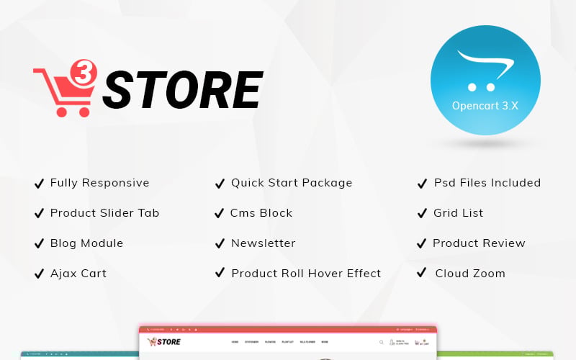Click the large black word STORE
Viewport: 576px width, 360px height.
click(181, 91)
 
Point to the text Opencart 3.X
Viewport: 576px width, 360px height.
click(485, 105)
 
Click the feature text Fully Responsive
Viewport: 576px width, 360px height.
click(99, 183)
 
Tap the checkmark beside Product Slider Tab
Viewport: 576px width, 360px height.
click(39, 213)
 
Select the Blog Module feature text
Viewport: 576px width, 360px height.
click(86, 243)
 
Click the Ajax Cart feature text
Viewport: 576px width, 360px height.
click(78, 274)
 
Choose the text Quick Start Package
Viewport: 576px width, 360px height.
click(292, 183)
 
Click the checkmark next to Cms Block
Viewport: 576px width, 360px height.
click(220, 213)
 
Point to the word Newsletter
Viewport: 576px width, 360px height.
click(263, 243)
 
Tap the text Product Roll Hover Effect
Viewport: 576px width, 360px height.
click(306, 274)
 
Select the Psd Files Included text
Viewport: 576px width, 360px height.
click(487, 183)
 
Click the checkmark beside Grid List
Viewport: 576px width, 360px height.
click(422, 213)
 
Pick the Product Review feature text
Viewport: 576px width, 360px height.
click(479, 243)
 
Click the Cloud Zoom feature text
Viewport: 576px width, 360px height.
click(470, 274)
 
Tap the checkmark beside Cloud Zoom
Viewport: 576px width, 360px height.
click(422, 274)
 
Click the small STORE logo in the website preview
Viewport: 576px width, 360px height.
click(164, 341)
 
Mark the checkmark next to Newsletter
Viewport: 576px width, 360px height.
click(220, 243)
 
